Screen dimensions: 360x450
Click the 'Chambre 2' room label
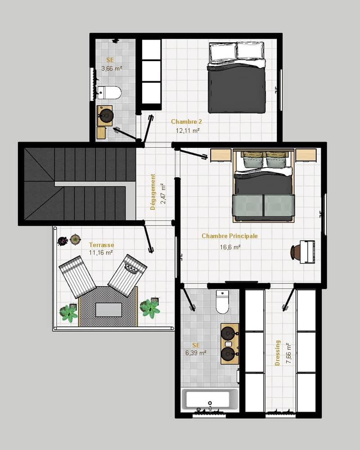pos(186,121)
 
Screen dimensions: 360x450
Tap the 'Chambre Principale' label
pos(229,236)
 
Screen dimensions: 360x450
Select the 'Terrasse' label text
pos(101,245)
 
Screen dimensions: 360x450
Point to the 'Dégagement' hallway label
pos(153,192)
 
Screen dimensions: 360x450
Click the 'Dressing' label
pos(277,353)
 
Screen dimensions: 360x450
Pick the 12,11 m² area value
pos(188,130)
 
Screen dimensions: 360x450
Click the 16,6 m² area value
pos(230,247)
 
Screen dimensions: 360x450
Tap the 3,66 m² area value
pos(112,68)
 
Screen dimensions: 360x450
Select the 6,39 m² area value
pos(196,353)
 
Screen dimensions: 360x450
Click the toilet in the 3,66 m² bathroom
pos(109,92)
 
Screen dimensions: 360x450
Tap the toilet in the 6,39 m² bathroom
pos(222,301)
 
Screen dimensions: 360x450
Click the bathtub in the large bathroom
pos(210,399)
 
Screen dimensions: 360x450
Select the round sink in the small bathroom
pos(106,116)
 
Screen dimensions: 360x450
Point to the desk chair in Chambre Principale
pos(295,252)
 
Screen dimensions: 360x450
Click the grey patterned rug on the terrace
pos(108,306)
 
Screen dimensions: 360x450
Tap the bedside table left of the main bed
pos(221,155)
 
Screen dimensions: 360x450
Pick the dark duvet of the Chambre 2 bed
pos(236,88)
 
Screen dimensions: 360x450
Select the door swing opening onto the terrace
pos(148,238)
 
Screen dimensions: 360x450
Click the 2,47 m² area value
pos(163,193)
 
